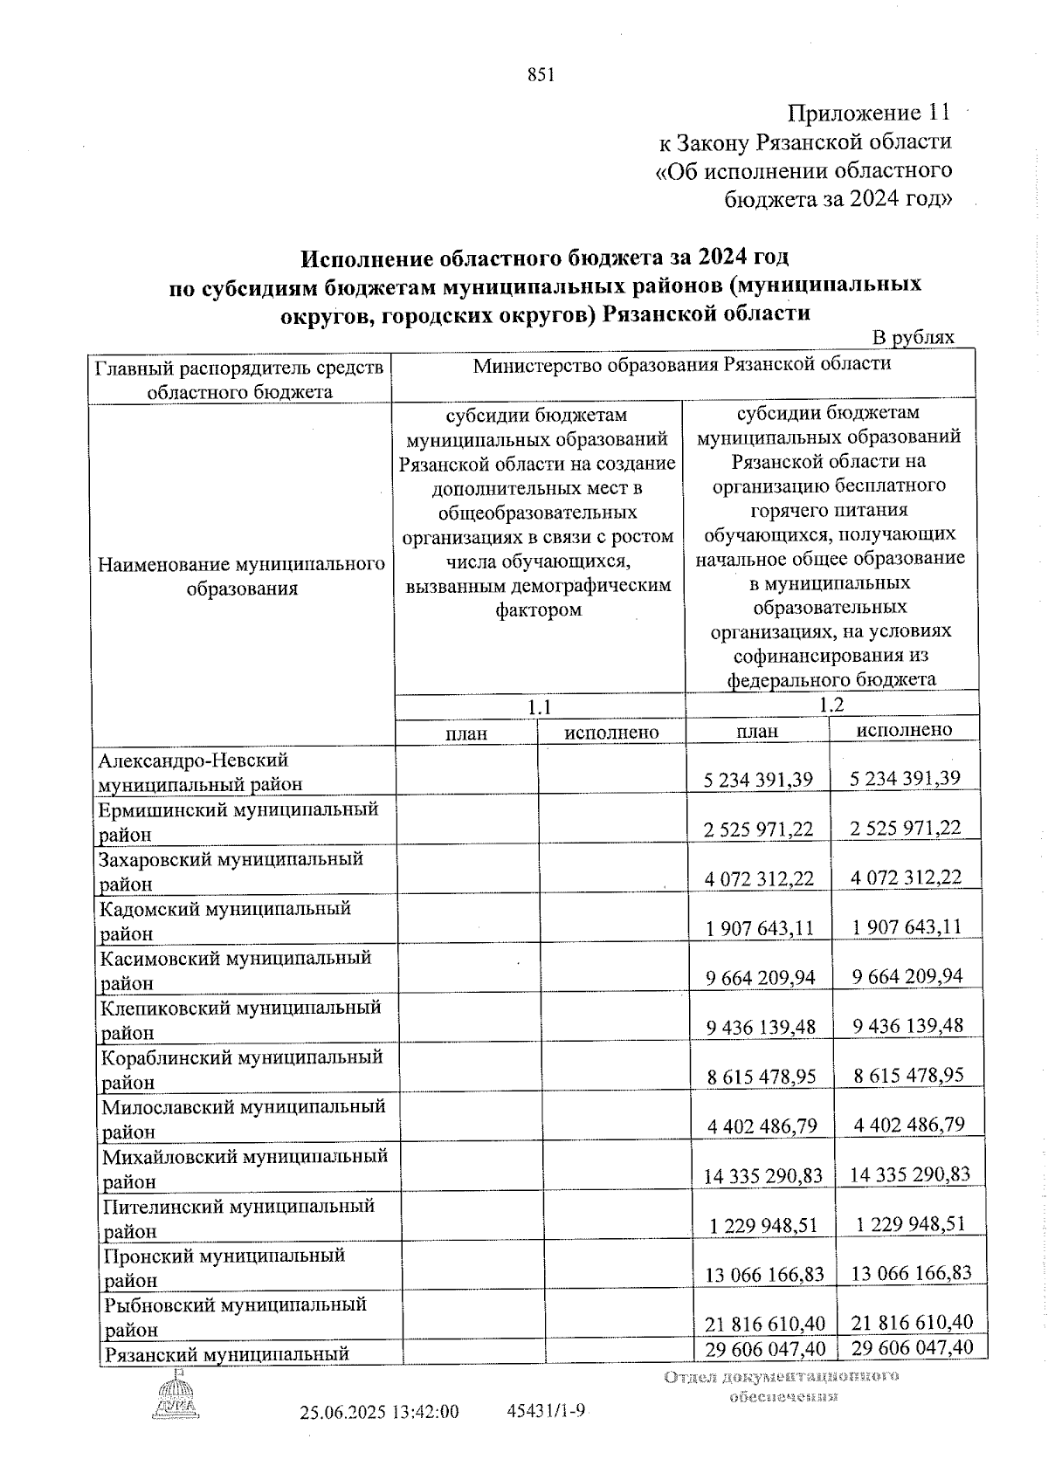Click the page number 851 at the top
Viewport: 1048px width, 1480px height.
[x=541, y=75]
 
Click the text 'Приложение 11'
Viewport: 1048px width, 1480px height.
[x=867, y=113]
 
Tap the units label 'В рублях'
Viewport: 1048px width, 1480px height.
[x=914, y=338]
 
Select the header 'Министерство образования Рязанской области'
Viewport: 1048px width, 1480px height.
[x=682, y=364]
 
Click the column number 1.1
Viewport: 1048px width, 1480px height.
[x=540, y=706]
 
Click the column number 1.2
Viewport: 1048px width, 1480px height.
[x=831, y=704]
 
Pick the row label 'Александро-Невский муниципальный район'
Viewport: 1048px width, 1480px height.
[x=201, y=773]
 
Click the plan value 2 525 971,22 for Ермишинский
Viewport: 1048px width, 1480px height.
[x=758, y=829]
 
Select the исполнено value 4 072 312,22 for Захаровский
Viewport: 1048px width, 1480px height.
[x=906, y=877]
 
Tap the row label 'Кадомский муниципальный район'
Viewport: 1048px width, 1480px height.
[x=225, y=920]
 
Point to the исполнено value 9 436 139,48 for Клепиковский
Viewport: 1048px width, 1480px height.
[x=907, y=1025]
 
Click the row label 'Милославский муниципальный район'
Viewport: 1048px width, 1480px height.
[x=243, y=1119]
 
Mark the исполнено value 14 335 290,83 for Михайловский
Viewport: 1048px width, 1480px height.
[x=910, y=1174]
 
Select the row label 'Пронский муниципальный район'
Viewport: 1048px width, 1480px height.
[x=224, y=1267]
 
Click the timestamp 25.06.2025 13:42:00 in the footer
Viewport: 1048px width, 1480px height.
[x=380, y=1436]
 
